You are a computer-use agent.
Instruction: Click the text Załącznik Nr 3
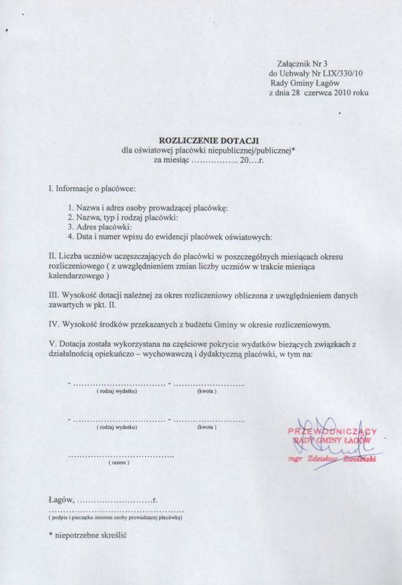(297, 63)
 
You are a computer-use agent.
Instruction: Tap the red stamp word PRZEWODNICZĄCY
(332, 432)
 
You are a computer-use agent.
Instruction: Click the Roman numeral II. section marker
(53, 256)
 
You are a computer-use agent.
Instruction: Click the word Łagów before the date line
(61, 500)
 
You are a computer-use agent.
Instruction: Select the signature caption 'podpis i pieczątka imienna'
(116, 517)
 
